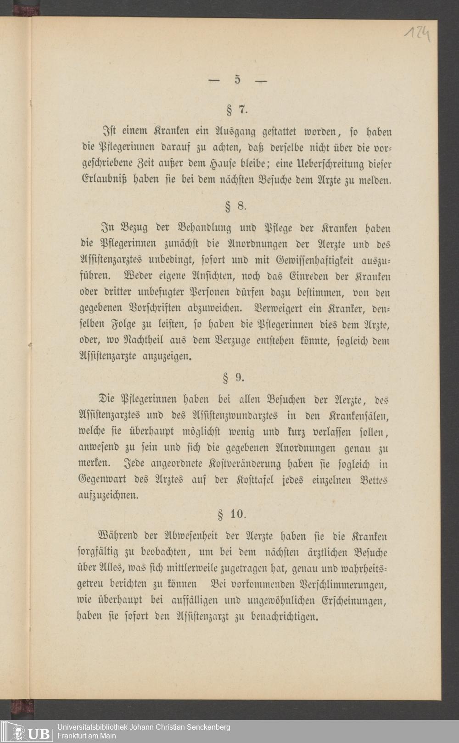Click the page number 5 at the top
[237, 79]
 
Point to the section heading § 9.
[234, 378]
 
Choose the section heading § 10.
[232, 514]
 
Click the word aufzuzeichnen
[108, 496]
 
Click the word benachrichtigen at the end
[284, 616]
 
